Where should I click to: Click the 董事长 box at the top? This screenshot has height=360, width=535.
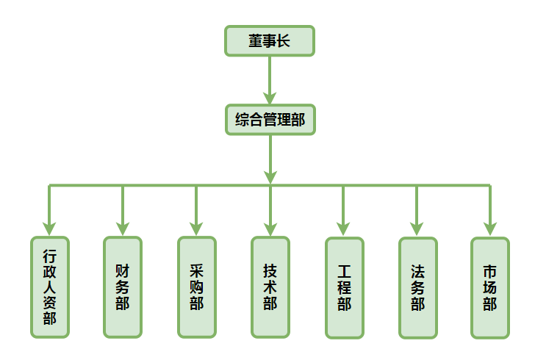(x=270, y=41)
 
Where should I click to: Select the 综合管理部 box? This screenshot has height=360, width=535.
(x=270, y=120)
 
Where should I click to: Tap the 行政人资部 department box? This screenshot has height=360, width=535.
(x=49, y=287)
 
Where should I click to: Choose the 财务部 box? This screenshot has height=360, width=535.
(x=123, y=287)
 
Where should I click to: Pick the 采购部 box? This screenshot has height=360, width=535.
(x=196, y=287)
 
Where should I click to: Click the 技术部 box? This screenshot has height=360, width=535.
(x=270, y=287)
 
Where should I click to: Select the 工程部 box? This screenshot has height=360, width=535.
(x=344, y=287)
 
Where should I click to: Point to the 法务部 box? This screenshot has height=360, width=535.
(x=417, y=287)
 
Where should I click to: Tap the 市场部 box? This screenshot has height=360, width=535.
(x=490, y=287)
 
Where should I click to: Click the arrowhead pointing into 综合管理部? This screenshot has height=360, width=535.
(x=270, y=97)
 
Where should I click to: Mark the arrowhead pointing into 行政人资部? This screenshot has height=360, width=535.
(x=49, y=228)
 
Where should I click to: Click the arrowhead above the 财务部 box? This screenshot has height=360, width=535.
(x=123, y=228)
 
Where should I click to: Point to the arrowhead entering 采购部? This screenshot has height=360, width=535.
(x=196, y=228)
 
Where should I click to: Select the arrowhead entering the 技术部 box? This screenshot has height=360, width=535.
(x=270, y=228)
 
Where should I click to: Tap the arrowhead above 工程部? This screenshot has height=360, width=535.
(x=344, y=228)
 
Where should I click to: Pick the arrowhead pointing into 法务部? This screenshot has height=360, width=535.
(x=417, y=228)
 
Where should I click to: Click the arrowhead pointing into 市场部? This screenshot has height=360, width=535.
(x=490, y=228)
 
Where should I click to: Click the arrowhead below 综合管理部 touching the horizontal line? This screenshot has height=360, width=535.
(x=270, y=176)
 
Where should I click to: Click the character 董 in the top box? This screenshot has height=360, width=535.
(x=255, y=41)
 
